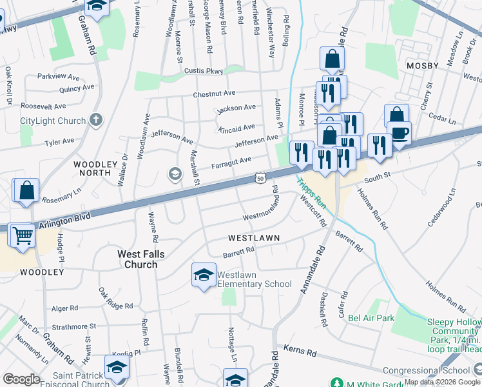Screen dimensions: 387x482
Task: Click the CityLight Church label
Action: click(53, 121)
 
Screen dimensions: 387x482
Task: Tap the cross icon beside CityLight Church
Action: click(95, 119)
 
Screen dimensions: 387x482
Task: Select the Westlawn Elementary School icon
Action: click(203, 276)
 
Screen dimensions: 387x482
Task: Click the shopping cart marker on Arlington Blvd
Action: click(22, 235)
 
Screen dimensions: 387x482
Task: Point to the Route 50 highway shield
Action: click(259, 177)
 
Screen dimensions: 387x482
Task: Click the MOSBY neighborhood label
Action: click(422, 66)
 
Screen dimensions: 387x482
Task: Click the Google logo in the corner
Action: click(22, 379)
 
